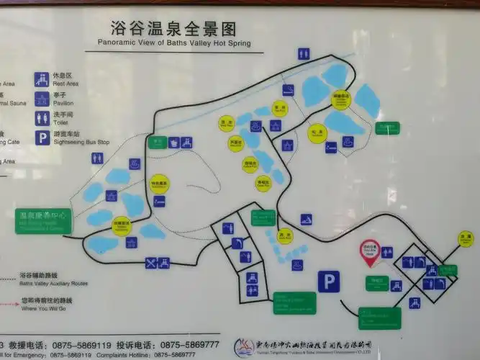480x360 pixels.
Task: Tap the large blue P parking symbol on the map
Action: pos(329,281)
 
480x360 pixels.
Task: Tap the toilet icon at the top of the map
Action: pos(304,53)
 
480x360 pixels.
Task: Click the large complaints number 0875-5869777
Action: pos(191,344)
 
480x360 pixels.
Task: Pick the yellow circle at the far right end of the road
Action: pos(466,238)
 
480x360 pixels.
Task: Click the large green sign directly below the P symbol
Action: pos(294,302)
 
